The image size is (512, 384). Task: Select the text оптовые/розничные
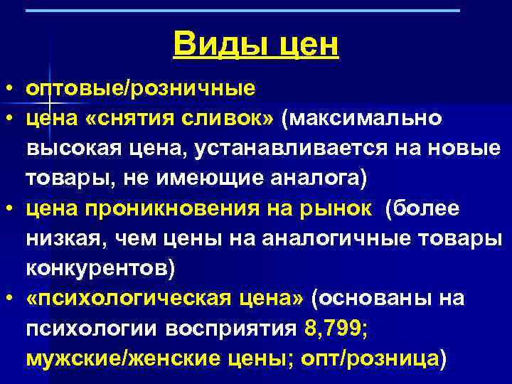click(x=141, y=90)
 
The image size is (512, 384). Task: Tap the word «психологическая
click(x=128, y=298)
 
